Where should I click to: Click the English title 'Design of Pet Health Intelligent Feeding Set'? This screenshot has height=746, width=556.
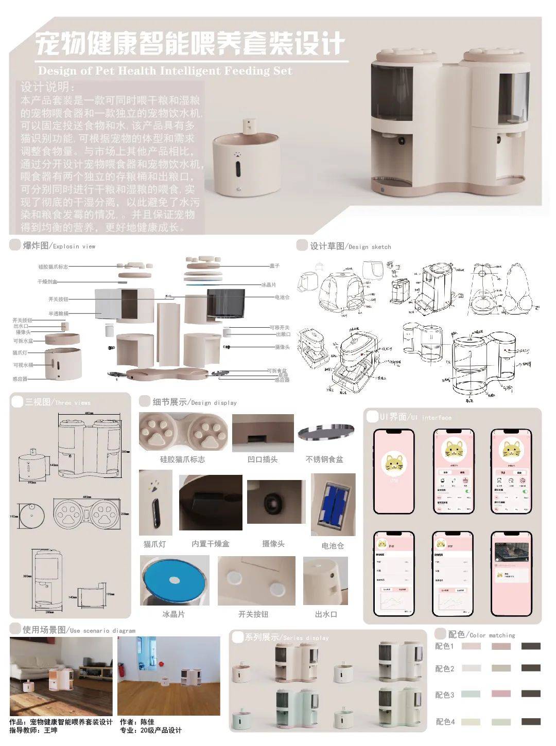tap(165, 70)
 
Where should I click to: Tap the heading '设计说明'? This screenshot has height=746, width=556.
tap(47, 86)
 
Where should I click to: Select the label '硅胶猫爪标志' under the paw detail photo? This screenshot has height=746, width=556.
tap(182, 459)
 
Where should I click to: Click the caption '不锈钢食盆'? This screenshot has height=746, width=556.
tap(324, 459)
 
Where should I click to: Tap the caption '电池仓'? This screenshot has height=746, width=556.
tap(332, 545)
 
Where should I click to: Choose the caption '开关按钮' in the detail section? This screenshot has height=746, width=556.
tap(253, 614)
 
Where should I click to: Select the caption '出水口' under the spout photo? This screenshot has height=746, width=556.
tap(326, 614)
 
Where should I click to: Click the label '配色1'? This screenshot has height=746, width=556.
tap(445, 646)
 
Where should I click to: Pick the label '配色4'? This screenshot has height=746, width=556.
tap(445, 722)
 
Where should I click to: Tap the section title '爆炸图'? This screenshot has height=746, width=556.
tap(36, 246)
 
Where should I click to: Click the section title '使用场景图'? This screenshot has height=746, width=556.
tap(44, 629)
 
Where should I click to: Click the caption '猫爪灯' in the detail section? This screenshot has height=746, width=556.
tap(154, 544)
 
